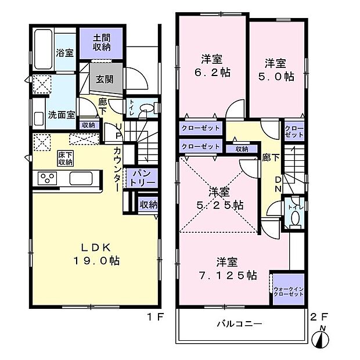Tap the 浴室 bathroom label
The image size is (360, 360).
[x=64, y=53]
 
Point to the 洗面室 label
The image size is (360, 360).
[x=61, y=114]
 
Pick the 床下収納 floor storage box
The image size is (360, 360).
[x=65, y=158]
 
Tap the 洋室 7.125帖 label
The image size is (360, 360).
[x=235, y=268]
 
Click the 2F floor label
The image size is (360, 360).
[x=319, y=317]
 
